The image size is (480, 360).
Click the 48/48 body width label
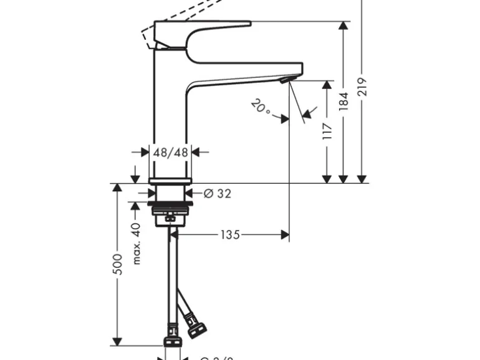(171, 151)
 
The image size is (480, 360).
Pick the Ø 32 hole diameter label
(216, 194)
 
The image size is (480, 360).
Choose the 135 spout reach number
(230, 235)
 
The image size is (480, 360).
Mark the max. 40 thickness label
(137, 244)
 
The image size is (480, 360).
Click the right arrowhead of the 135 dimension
(286, 235)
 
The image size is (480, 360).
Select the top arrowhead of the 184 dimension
(343, 26)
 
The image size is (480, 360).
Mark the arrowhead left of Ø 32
(191, 194)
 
